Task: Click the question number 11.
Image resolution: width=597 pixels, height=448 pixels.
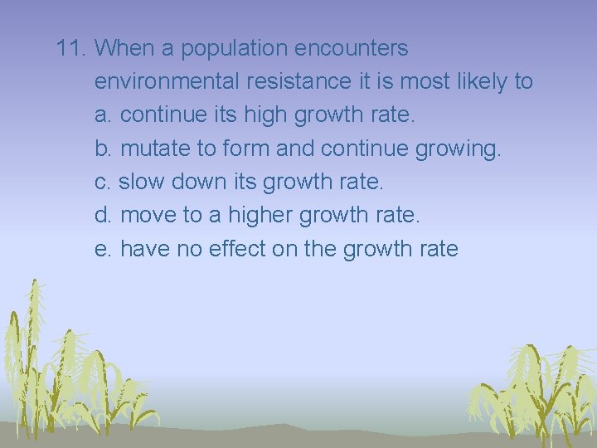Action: point(71,49)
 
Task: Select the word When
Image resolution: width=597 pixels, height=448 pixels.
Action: point(125,49)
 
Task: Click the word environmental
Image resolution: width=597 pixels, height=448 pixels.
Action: point(166,82)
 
